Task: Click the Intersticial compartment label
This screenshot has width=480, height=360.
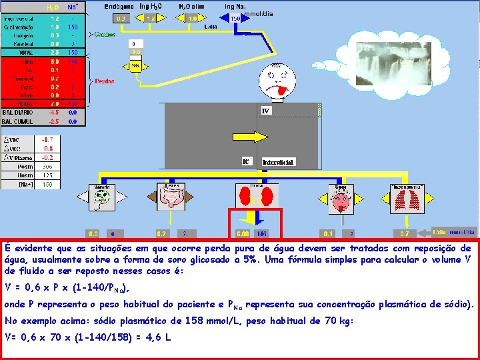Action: click(x=277, y=162)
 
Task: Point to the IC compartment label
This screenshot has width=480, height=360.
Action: click(x=246, y=161)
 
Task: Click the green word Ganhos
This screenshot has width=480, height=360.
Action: click(x=104, y=34)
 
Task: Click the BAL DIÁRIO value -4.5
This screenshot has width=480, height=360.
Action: click(x=54, y=113)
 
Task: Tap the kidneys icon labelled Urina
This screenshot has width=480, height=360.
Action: click(x=256, y=196)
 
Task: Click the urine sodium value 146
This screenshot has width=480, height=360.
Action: click(x=261, y=234)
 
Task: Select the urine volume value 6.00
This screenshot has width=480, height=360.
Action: click(x=243, y=234)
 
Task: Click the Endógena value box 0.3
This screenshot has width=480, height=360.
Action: click(x=121, y=19)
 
